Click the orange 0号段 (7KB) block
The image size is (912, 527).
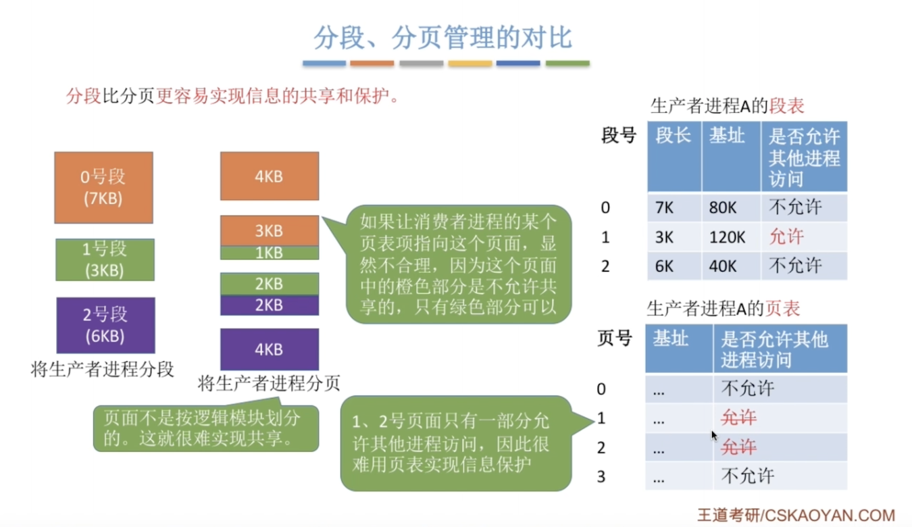pyautogui.click(x=104, y=187)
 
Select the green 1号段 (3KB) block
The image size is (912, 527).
pyautogui.click(x=105, y=260)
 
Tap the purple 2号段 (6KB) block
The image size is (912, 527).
pyautogui.click(x=105, y=325)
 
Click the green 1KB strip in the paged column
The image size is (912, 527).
pyautogui.click(x=270, y=253)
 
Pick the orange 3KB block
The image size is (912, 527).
pyautogui.click(x=270, y=230)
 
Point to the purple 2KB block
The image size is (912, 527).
pyautogui.click(x=270, y=305)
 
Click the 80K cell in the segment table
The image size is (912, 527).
pyautogui.click(x=731, y=207)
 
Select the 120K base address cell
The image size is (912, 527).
pyautogui.click(x=731, y=237)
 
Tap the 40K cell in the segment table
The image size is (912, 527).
pyautogui.click(x=731, y=266)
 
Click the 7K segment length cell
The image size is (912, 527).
pyautogui.click(x=674, y=207)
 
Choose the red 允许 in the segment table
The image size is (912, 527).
pyautogui.click(x=786, y=236)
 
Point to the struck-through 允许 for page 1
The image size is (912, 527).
pyautogui.click(x=738, y=418)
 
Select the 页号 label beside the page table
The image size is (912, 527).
pyautogui.click(x=614, y=338)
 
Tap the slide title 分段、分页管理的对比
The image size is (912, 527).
pyautogui.click(x=443, y=37)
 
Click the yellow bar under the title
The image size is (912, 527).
pyautogui.click(x=470, y=63)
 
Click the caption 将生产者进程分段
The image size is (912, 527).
pyautogui.click(x=103, y=370)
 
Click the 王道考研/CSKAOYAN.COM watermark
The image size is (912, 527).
pyautogui.click(x=796, y=516)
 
